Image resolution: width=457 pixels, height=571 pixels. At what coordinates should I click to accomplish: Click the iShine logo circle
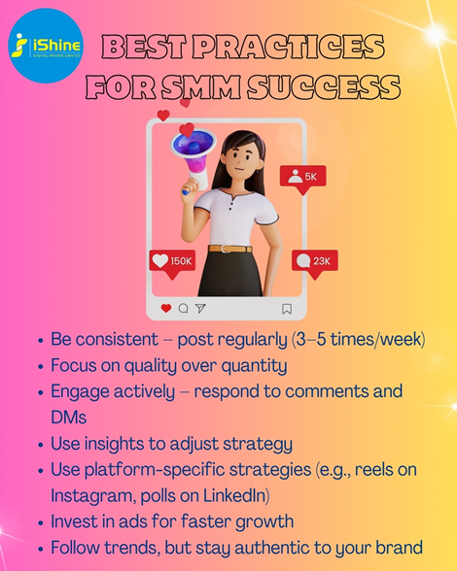[x=46, y=46]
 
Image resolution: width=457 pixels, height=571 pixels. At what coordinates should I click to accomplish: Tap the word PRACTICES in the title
[x=288, y=47]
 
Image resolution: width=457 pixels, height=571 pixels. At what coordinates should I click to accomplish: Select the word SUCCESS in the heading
[x=324, y=86]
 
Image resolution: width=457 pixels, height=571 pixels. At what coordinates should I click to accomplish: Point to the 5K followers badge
[x=302, y=179]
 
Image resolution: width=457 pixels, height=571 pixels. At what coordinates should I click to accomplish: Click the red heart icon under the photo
[x=166, y=309]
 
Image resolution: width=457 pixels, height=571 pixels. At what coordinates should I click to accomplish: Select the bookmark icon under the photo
[x=287, y=309]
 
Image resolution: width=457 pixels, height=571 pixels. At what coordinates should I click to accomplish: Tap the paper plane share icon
[x=200, y=309]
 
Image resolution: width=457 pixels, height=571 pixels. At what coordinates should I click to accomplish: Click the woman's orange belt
[x=229, y=249]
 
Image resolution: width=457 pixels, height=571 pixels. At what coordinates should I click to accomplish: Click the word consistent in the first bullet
[x=117, y=339]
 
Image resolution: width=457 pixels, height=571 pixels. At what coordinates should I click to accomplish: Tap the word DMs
[x=69, y=418]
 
